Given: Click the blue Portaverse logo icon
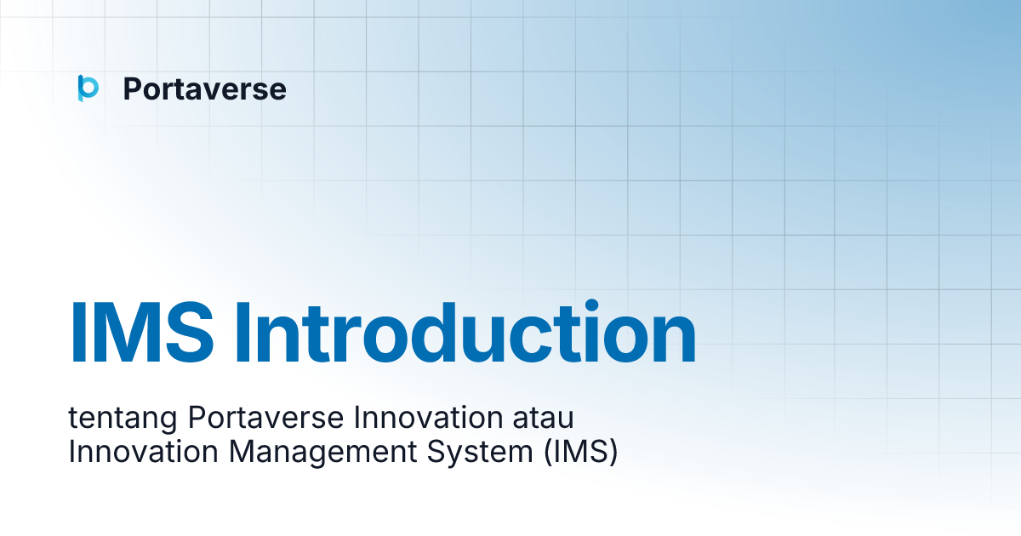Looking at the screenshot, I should point(88,88).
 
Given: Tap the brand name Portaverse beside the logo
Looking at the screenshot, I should point(204,89).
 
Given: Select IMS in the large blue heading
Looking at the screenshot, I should point(141,333).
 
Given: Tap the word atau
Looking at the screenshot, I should point(545,419).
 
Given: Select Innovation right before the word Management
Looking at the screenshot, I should point(144,452).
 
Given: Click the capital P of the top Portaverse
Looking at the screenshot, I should point(133,89).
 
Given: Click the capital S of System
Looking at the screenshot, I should point(432,452).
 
